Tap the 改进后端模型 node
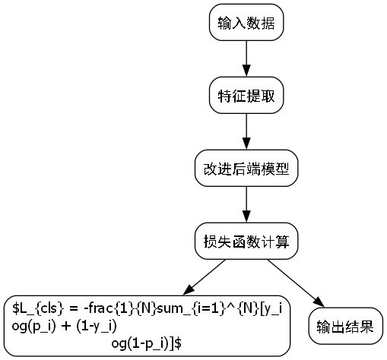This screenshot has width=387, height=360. point(246,169)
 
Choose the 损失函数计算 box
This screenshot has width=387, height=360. point(246,242)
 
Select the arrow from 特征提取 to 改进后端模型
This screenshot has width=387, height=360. point(246,132)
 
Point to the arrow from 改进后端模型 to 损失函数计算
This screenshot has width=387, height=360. point(246,205)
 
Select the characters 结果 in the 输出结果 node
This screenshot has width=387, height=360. point(360,327)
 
